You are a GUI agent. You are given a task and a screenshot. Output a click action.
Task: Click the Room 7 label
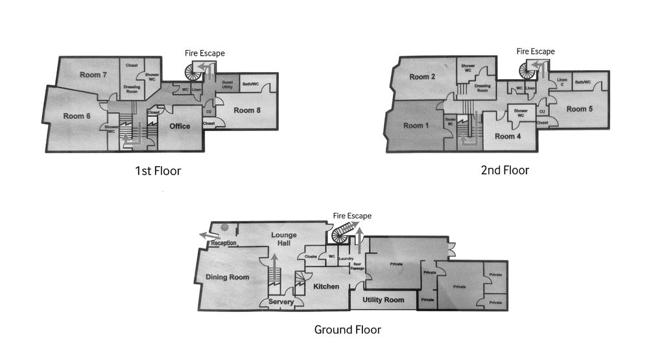point(94,75)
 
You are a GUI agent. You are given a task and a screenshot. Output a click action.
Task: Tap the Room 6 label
point(77,116)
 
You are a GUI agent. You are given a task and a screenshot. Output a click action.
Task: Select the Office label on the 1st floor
point(180,126)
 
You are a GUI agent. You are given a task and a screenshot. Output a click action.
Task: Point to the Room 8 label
point(247,110)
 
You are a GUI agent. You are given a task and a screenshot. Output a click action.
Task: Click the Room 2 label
point(422,77)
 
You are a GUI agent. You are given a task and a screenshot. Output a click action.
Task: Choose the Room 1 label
point(416,126)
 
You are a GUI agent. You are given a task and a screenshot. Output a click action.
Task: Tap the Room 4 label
point(508,136)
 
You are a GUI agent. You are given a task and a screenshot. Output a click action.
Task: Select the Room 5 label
point(580,109)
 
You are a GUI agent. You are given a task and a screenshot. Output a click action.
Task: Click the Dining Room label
point(228,278)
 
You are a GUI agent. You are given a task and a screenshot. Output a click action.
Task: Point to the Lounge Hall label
point(283,238)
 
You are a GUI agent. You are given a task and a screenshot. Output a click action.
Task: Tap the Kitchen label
point(326,286)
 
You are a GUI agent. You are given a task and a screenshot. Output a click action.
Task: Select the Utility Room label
point(383,300)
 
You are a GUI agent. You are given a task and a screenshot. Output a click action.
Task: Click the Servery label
point(281,302)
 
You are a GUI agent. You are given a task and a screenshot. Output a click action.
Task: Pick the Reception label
point(223,243)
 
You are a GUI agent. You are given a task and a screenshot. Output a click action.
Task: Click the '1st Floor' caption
point(158,172)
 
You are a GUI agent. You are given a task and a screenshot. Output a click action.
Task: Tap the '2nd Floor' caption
point(505,171)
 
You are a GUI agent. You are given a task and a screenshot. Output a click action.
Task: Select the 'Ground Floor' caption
point(348,330)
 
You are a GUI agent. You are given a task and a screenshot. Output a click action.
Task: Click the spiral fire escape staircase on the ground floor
point(342,234)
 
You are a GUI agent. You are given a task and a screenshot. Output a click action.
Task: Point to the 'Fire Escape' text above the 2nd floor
point(536,51)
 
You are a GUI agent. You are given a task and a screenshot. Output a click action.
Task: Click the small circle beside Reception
point(224,227)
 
